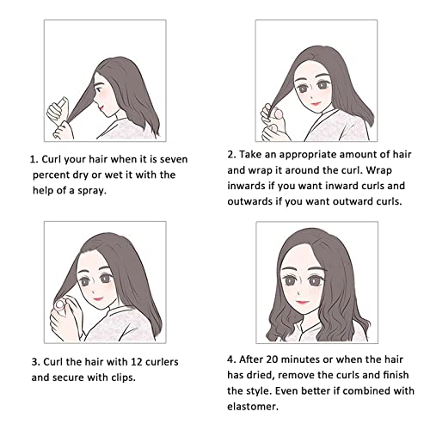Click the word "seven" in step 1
174,159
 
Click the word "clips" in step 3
122,378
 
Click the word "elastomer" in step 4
253,407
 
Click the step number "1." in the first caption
34,159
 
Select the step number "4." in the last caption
231,359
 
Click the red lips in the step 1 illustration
101,107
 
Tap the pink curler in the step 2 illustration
279,114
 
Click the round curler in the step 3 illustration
60,304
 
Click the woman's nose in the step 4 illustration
298,293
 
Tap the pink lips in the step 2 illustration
316,103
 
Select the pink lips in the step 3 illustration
98,298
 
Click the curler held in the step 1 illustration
62,103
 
